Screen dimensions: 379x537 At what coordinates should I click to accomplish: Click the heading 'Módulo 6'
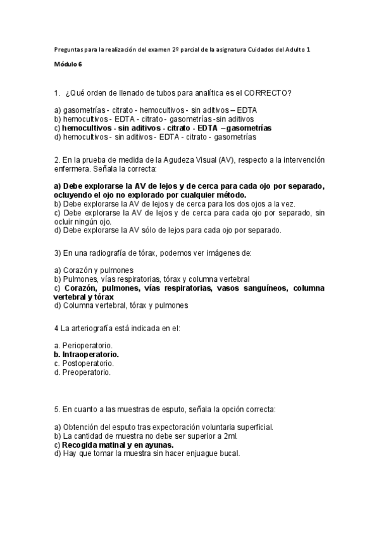coord(68,64)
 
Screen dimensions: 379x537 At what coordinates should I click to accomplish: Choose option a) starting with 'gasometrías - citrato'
coord(152,110)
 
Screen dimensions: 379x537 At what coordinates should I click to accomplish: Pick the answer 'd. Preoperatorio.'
coord(82,372)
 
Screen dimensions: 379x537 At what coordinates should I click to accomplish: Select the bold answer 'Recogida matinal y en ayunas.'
coord(113,445)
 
